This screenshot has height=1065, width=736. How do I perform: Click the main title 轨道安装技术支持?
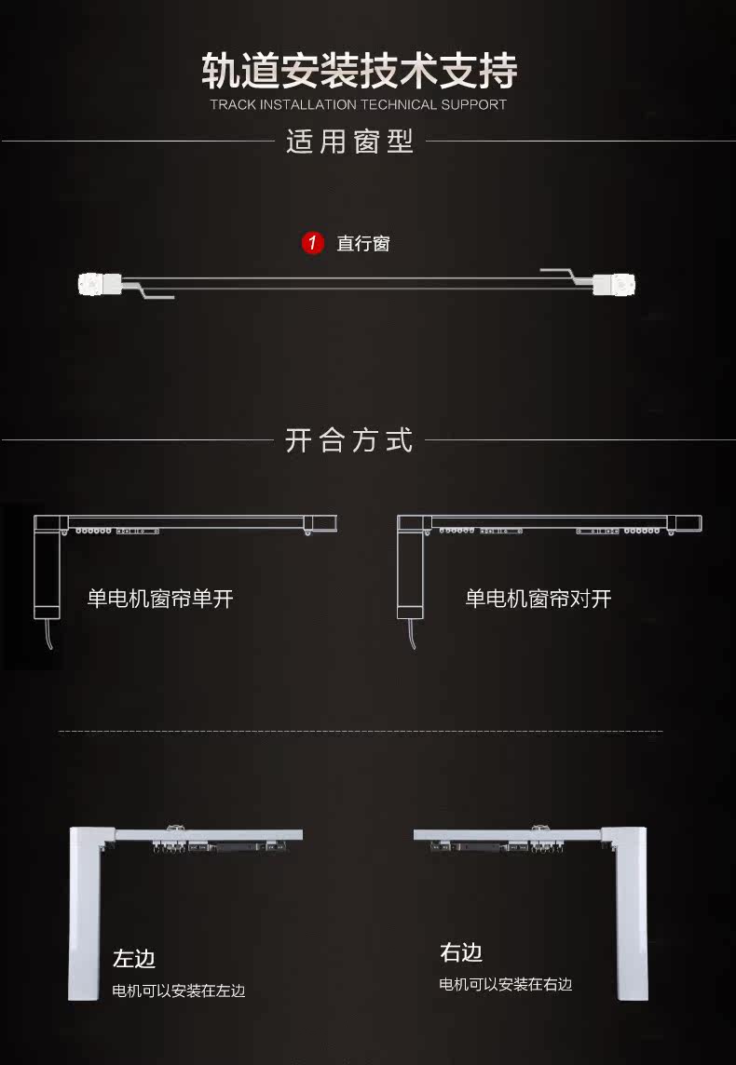[360, 71]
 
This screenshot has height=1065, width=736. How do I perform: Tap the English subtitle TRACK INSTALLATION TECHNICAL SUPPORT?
[359, 104]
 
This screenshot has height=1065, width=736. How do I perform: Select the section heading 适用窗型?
[349, 142]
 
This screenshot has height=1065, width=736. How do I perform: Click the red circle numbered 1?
[313, 244]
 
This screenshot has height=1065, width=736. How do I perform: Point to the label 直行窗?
[363, 244]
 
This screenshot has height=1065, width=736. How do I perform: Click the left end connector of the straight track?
[99, 282]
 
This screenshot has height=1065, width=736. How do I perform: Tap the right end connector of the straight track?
[615, 283]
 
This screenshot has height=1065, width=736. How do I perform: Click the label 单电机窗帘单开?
[160, 598]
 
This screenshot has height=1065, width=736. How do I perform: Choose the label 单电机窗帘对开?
[538, 598]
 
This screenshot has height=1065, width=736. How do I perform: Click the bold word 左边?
[134, 958]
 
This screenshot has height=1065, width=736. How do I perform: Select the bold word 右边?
[461, 952]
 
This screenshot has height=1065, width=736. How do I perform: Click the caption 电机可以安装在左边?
[179, 991]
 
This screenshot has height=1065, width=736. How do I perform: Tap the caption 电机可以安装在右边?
[506, 984]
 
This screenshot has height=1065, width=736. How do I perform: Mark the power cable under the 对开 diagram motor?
[411, 635]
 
